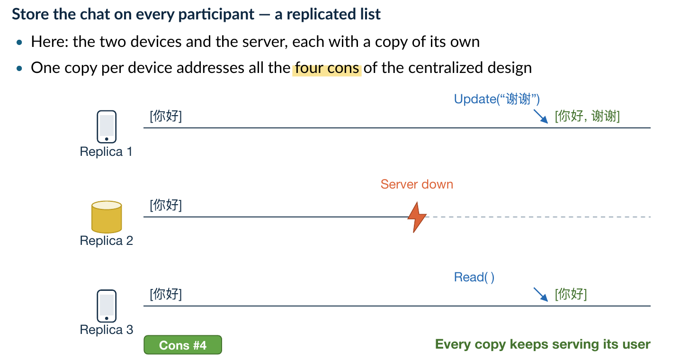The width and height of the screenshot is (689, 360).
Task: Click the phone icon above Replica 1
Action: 107,127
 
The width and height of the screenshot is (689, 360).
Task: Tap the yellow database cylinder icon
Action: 107,216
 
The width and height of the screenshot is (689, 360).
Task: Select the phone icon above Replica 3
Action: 107,306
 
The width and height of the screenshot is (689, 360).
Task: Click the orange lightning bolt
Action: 417,217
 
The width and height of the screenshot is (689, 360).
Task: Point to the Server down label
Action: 417,184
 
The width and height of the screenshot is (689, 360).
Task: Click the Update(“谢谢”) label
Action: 497,99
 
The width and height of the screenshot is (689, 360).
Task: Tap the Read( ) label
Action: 474,277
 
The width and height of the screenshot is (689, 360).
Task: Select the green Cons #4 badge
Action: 183,345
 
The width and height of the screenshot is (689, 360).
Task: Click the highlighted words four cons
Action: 327,68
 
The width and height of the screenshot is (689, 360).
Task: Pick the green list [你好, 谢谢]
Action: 587,117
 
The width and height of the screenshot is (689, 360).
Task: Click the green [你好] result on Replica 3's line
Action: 571,294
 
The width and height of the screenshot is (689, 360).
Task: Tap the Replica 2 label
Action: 107,241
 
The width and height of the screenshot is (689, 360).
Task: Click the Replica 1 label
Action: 106,152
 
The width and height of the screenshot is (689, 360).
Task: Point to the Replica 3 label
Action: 107,330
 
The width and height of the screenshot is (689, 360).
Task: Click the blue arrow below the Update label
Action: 541,117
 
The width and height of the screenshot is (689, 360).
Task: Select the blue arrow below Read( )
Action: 541,295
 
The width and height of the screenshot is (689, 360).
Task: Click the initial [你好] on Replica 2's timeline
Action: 166,205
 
